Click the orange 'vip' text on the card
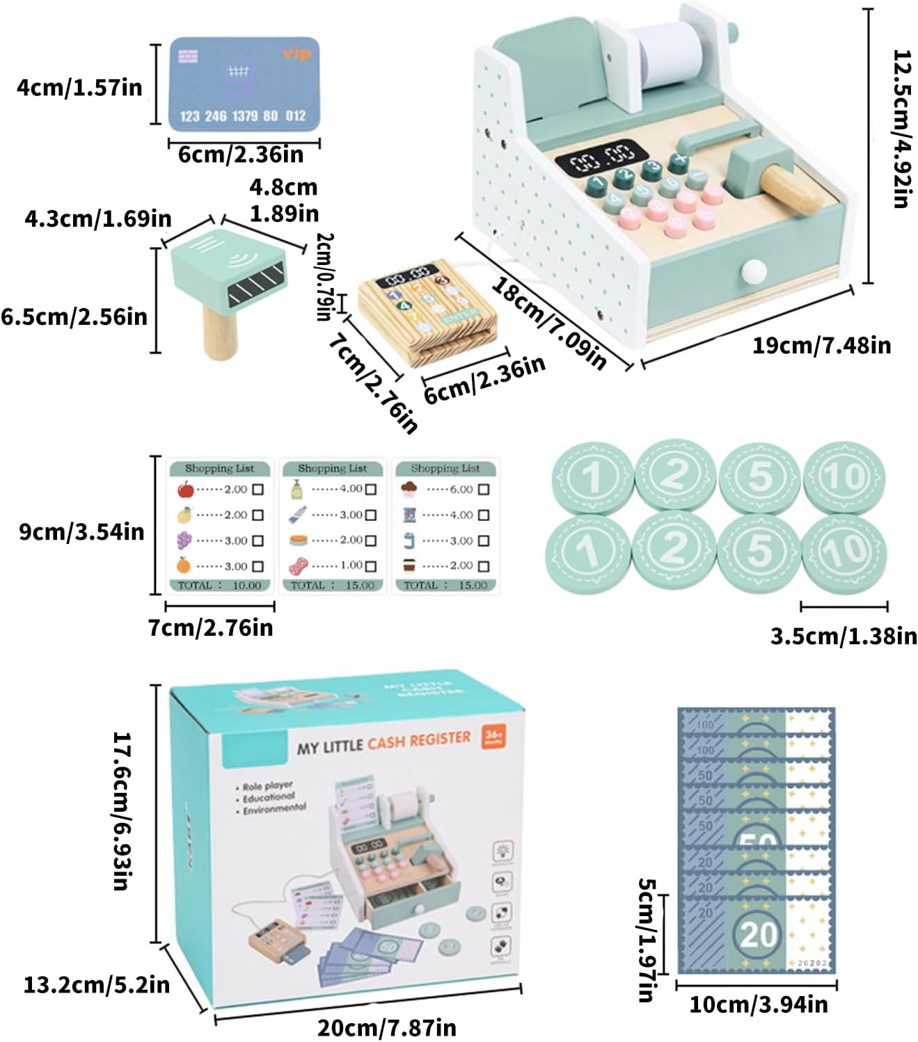[296, 54]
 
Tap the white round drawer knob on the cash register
[753, 270]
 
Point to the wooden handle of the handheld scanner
[220, 333]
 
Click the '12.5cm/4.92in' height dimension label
[902, 128]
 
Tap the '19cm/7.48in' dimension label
[821, 345]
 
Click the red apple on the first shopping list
[185, 490]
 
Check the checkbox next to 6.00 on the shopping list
[484, 490]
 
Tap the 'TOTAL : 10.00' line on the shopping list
[219, 586]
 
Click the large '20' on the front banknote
[758, 934]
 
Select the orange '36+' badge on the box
[493, 737]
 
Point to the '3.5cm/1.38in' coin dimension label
[844, 636]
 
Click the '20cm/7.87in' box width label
[387, 1027]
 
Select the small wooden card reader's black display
[407, 276]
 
